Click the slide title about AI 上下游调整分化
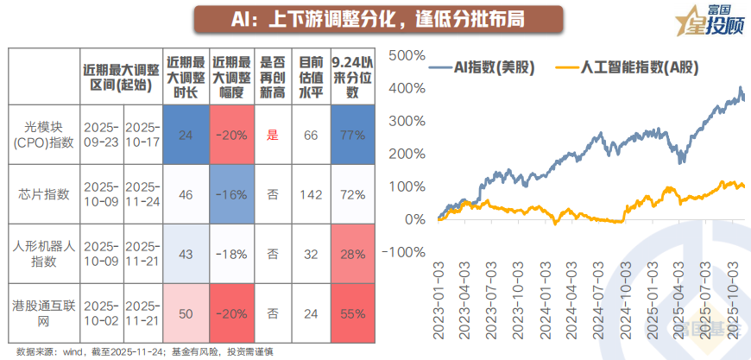[375, 19]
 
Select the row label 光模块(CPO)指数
[43, 135]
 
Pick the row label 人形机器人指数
[43, 254]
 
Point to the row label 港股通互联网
[43, 310]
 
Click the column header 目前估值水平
[311, 76]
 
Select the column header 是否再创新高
[273, 76]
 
